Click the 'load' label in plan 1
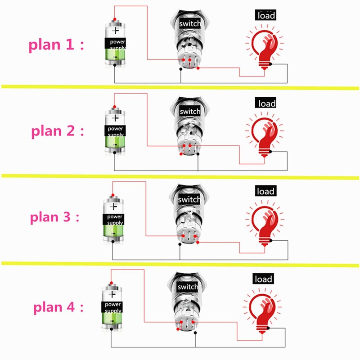265,16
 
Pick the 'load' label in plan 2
266,103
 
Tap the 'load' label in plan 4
264,279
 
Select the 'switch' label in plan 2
189,111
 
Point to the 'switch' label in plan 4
188,287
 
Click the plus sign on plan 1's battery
116,31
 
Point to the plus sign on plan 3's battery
114,207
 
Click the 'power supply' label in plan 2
116,131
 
